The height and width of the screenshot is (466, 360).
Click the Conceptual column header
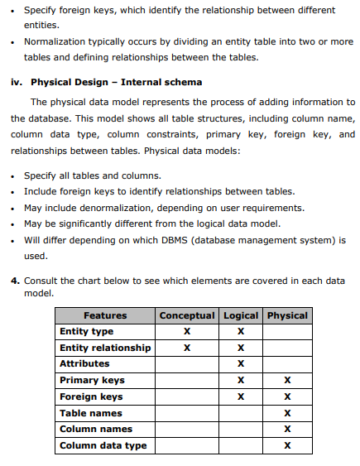point(187,315)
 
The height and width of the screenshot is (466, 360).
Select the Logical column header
point(240,315)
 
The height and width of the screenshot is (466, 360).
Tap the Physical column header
point(287,315)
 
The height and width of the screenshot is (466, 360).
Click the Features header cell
point(105,315)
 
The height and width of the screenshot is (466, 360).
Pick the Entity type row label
point(86,331)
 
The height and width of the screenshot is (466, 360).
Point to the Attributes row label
point(84,363)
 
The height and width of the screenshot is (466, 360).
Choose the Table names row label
point(91,413)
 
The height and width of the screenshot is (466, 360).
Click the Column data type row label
point(103,445)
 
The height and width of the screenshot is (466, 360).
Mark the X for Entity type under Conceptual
point(187,332)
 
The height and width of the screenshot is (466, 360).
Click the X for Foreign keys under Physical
point(287,397)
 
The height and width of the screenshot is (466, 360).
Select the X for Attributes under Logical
point(240,364)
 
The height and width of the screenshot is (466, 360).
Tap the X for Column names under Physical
point(287,430)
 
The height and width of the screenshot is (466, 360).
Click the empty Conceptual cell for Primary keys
point(187,381)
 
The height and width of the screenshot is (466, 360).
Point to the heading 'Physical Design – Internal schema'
point(116,83)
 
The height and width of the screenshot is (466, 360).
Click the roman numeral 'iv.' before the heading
point(17,83)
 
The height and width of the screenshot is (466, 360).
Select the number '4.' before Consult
point(16,281)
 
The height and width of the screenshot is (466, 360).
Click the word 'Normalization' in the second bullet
point(56,41)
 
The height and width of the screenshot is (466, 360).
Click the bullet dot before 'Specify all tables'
point(16,177)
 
